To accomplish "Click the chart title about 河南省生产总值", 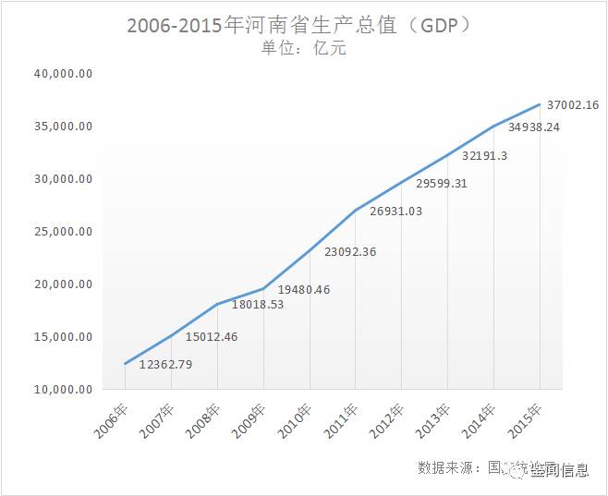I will (302, 25).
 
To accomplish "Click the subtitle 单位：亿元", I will (304, 48).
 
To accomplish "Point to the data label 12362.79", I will (166, 365).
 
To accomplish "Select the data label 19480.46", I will (303, 289).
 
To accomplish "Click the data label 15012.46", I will (212, 336).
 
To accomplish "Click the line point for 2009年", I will (263, 289).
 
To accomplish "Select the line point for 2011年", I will (356, 211).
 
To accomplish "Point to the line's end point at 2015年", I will (540, 104).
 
